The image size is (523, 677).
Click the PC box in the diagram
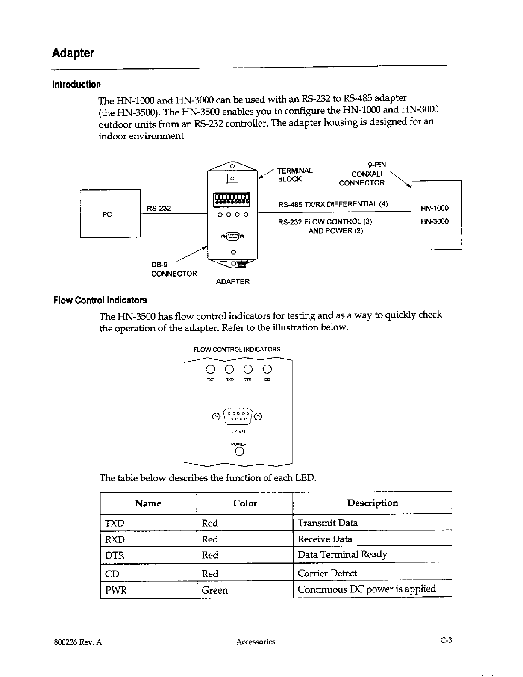(110, 213)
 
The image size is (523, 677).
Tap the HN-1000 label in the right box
(435, 208)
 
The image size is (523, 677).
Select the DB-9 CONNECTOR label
(174, 269)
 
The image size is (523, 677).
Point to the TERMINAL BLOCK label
(295, 175)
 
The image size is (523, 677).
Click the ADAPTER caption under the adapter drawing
(233, 281)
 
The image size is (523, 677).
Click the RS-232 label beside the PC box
(159, 208)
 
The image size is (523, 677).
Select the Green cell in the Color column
(214, 590)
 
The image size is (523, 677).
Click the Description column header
(372, 503)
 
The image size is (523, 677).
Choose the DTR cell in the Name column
(115, 555)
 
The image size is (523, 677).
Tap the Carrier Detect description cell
(327, 573)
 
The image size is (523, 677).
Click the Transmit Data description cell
(328, 523)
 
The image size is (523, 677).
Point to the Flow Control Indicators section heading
(100, 300)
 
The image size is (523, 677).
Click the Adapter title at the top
(73, 53)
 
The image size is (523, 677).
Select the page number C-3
(446, 640)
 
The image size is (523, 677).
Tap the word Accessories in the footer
(256, 642)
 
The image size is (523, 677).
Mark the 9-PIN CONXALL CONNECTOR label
(362, 174)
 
